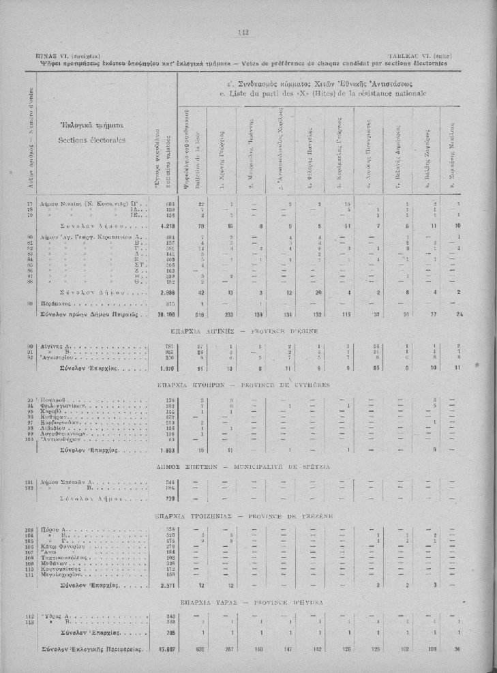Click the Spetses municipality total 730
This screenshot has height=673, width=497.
click(168, 498)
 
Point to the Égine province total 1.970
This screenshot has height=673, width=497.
click(166, 369)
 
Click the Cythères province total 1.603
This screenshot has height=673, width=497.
click(166, 451)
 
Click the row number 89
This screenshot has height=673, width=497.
click(48, 303)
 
